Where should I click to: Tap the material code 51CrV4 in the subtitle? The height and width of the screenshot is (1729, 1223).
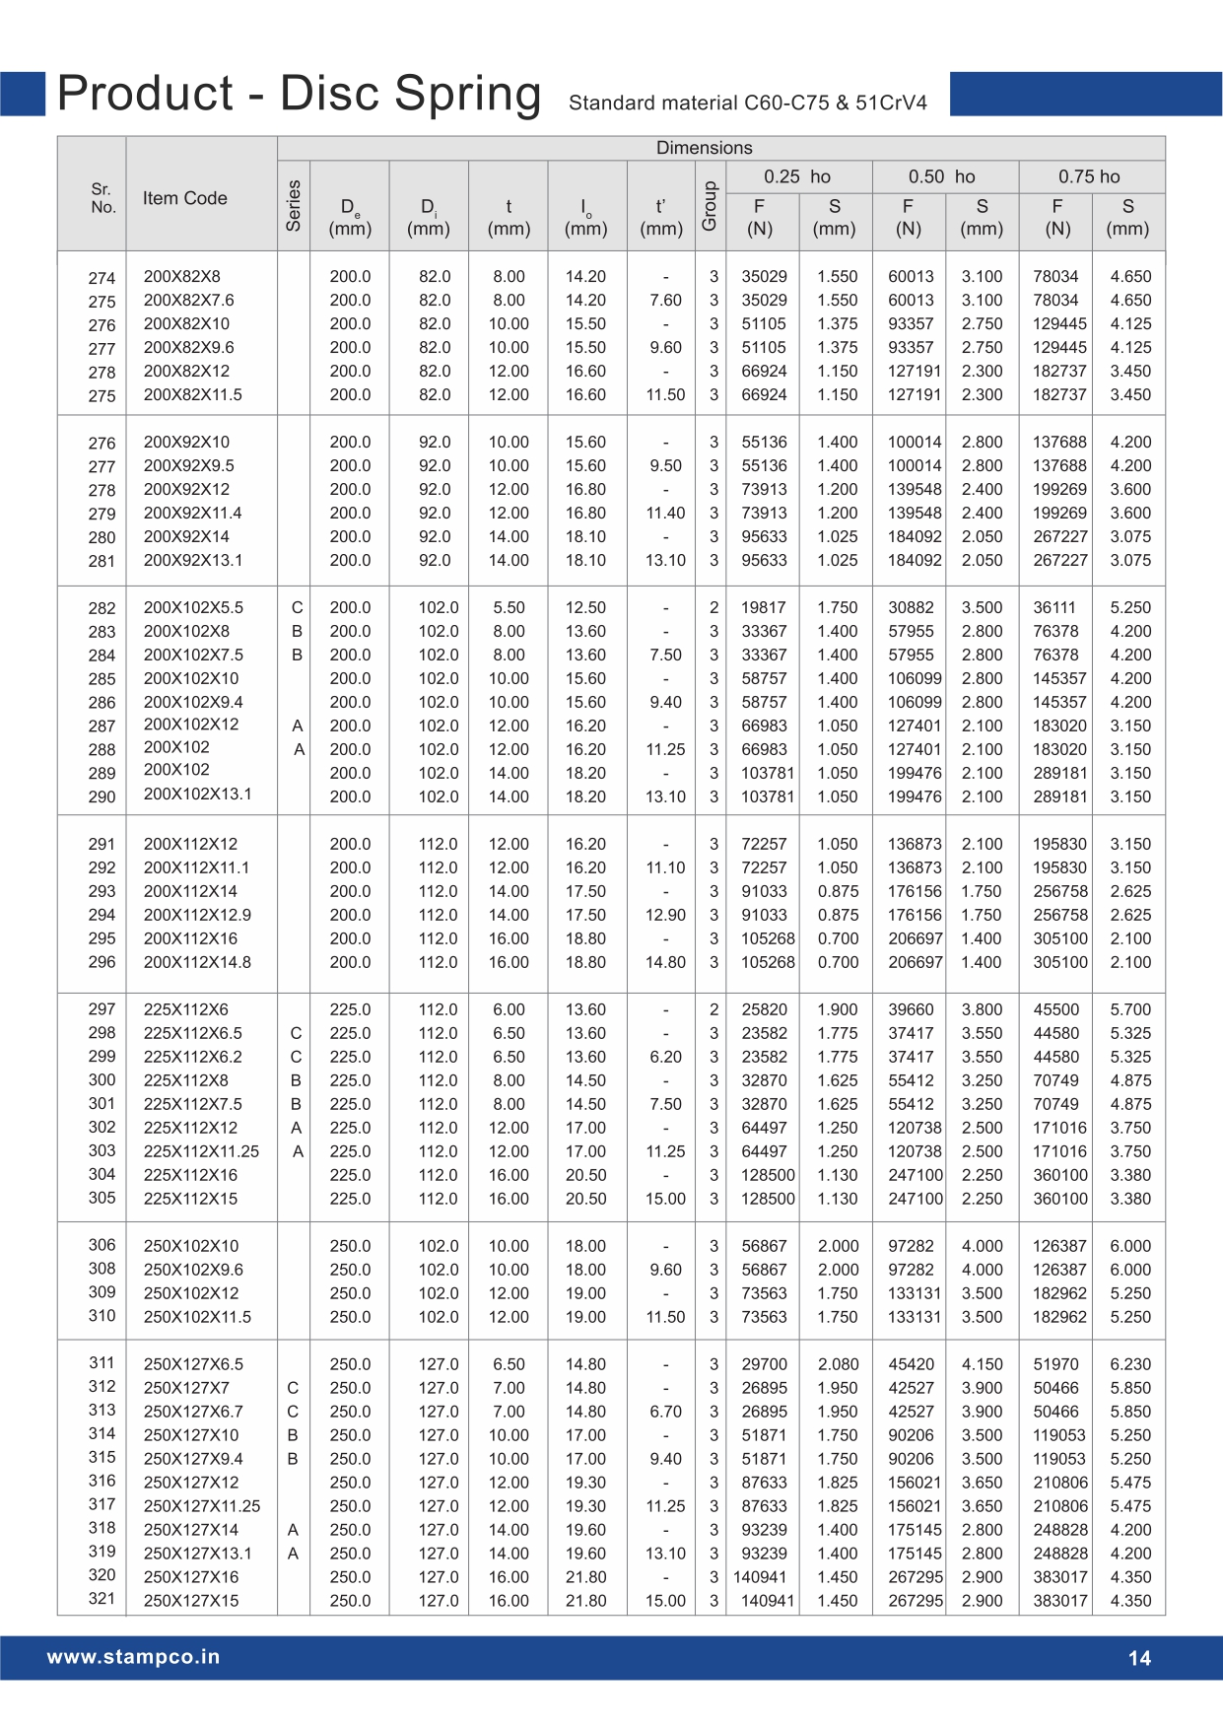[891, 103]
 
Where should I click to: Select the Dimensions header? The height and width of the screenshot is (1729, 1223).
[704, 148]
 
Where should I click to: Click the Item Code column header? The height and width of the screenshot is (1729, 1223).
[184, 198]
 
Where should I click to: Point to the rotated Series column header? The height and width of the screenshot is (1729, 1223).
[293, 205]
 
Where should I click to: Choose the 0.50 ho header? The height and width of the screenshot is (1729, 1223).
[941, 176]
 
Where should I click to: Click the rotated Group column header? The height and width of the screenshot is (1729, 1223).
[710, 206]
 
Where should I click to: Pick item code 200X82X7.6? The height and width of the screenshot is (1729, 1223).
[188, 301]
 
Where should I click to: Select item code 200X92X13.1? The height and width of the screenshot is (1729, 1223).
[192, 561]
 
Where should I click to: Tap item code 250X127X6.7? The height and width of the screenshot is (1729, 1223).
[192, 1412]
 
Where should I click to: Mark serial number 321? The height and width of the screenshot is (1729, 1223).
[102, 1599]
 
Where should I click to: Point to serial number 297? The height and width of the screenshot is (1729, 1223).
[102, 1009]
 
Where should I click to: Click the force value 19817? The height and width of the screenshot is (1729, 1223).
[764, 608]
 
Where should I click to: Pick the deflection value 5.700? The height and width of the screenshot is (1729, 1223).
[1130, 1009]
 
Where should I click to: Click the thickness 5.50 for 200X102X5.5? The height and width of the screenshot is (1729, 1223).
[509, 608]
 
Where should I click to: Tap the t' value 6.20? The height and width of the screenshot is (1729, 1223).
[665, 1057]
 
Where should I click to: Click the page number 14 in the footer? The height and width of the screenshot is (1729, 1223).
[1139, 1658]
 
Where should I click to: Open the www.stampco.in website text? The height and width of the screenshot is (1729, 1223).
[133, 1657]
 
